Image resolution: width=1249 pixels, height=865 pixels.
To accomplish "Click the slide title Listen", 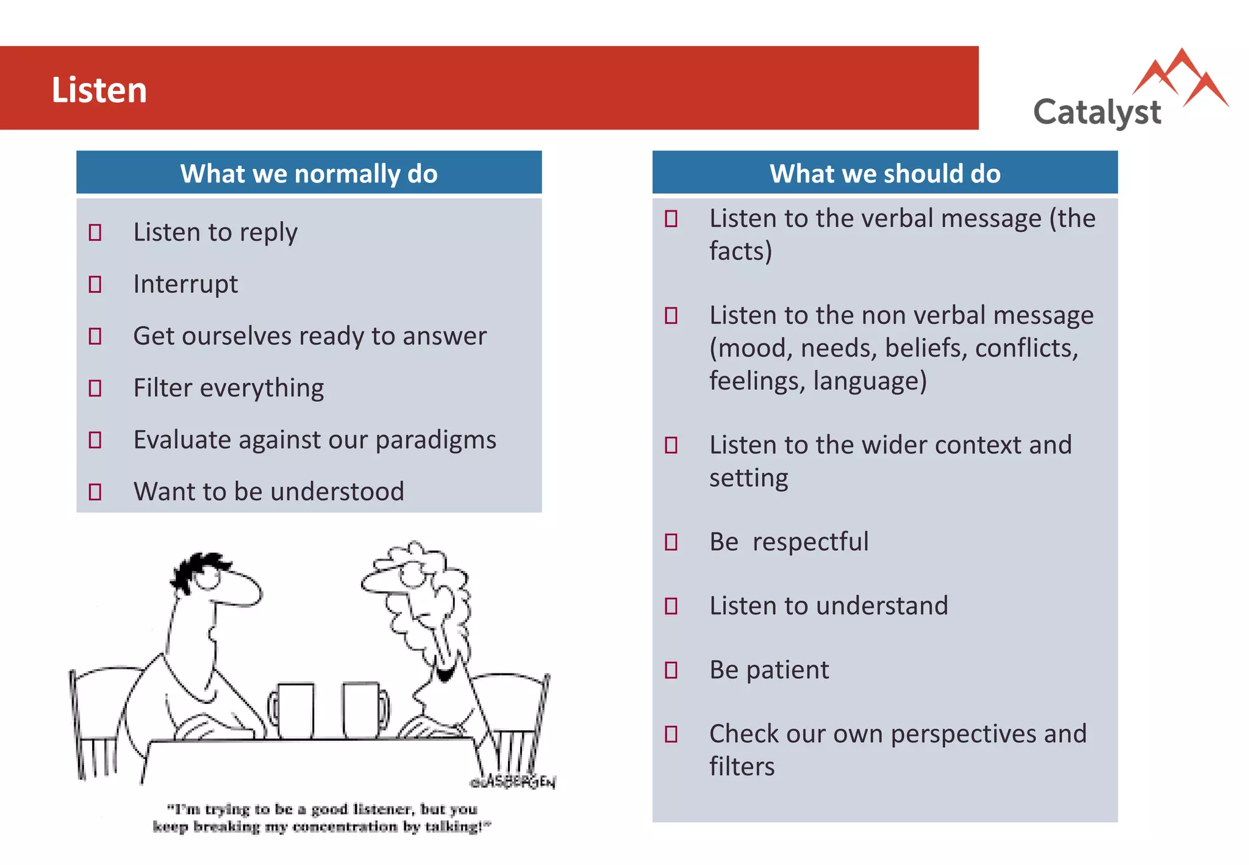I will tap(99, 90).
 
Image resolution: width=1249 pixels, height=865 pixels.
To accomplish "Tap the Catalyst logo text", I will tap(1097, 112).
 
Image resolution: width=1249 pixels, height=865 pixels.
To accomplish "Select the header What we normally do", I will tap(309, 173).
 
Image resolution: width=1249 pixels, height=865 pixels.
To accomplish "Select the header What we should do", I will tap(884, 173).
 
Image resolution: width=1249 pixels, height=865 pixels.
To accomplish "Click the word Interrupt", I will tap(185, 284).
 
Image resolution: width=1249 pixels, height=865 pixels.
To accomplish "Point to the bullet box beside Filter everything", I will tap(95, 388).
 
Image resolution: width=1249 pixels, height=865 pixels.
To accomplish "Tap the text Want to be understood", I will tap(268, 492).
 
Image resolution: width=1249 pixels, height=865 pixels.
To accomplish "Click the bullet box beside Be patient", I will tap(671, 670).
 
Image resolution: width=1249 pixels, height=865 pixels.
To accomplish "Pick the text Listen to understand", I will tap(828, 606).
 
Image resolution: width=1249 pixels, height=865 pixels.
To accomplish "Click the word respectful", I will tap(810, 542).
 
